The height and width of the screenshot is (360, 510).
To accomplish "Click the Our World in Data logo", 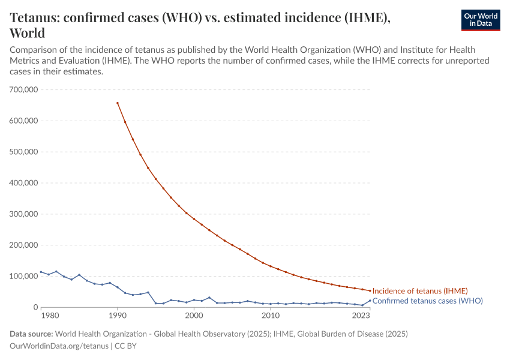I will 480,20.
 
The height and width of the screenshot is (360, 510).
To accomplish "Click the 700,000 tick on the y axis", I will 24,89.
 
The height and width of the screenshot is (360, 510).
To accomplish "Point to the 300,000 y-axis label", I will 24,214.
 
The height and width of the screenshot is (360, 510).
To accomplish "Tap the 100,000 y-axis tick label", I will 24,277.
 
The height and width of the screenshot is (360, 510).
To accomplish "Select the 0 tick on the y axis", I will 35,308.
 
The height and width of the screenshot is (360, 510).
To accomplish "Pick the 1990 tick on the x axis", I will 118,316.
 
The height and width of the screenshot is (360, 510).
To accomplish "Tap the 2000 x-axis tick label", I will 194,316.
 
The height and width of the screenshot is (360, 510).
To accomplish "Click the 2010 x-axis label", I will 271,316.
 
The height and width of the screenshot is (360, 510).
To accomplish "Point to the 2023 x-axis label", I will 361,316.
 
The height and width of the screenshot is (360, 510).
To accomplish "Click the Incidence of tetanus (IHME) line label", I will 420,291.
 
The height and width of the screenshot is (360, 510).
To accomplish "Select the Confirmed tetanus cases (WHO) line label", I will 427,301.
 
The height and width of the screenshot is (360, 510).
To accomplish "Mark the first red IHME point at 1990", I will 118,103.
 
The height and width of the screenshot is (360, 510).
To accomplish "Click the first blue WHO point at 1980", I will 41,272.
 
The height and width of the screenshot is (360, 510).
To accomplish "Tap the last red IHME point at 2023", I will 370,290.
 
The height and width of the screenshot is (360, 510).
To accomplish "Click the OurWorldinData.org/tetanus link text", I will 59,346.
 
